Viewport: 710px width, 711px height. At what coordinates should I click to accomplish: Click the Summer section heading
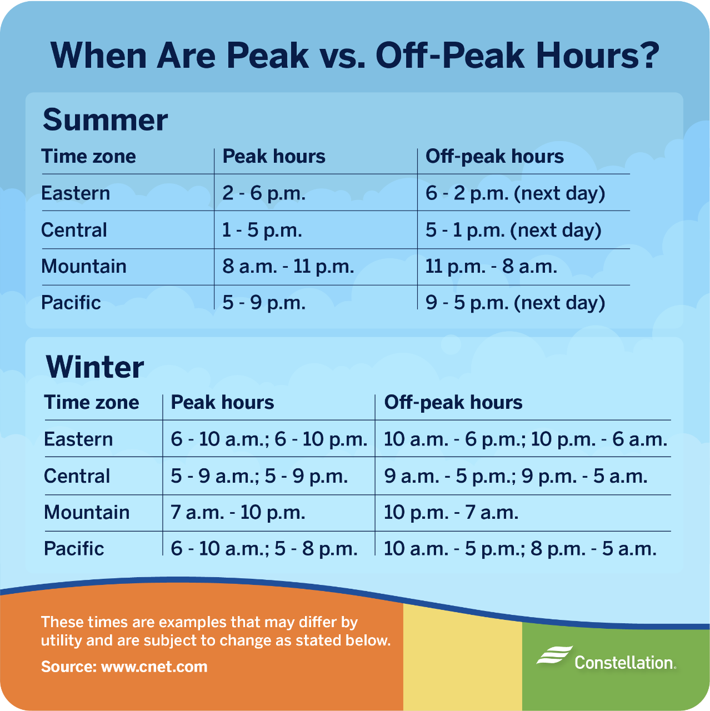point(105,120)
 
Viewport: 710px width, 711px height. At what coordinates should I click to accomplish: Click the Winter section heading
point(95,367)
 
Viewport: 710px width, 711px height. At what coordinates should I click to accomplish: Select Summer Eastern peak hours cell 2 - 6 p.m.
point(264,193)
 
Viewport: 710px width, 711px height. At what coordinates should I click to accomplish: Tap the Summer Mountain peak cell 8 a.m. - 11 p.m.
point(288,267)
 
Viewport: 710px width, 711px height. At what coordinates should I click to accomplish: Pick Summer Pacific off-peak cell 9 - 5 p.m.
point(515,303)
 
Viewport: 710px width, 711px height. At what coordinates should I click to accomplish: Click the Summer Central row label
point(74,230)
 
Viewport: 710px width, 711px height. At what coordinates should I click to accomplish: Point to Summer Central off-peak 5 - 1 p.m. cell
point(513,230)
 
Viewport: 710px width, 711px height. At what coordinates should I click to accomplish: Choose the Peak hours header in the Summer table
point(274,157)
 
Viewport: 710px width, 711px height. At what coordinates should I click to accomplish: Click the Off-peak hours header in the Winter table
point(453,403)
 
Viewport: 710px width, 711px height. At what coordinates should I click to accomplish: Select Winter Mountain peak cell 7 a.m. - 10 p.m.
point(238,512)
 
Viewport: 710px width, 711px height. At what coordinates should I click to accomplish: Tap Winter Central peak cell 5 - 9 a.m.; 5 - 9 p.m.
point(259,476)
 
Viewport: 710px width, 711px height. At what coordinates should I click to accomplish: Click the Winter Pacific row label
point(74,549)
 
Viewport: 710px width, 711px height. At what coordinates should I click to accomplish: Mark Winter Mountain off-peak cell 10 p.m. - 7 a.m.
point(451,512)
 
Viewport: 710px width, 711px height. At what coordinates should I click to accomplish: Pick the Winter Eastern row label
point(78,439)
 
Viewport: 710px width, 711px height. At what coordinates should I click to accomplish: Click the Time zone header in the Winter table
point(92,403)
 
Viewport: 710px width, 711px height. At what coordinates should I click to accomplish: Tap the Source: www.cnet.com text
point(124,667)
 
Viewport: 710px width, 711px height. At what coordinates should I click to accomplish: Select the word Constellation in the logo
point(624,663)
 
